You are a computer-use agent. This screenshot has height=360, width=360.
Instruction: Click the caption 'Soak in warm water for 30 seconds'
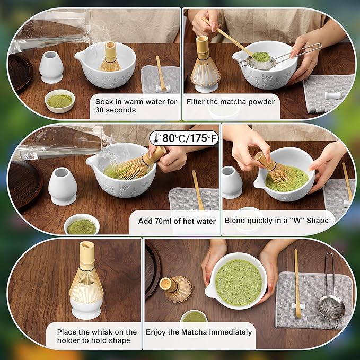pyautogui.click(x=136, y=106)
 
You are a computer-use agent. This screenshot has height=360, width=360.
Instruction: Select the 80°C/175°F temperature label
pyautogui.click(x=184, y=138)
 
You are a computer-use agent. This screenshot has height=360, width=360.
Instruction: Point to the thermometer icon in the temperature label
pyautogui.click(x=156, y=138)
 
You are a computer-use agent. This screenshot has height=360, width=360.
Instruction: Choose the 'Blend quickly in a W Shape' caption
pyautogui.click(x=276, y=220)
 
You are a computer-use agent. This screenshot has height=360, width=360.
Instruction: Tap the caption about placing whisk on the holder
pyautogui.click(x=96, y=336)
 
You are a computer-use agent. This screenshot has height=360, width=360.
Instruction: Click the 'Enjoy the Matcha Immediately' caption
pyautogui.click(x=198, y=332)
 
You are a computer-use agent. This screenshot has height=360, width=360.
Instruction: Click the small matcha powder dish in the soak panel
pyautogui.click(x=60, y=100)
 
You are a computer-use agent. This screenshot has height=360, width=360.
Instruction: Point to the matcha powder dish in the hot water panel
pyautogui.click(x=82, y=225)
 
